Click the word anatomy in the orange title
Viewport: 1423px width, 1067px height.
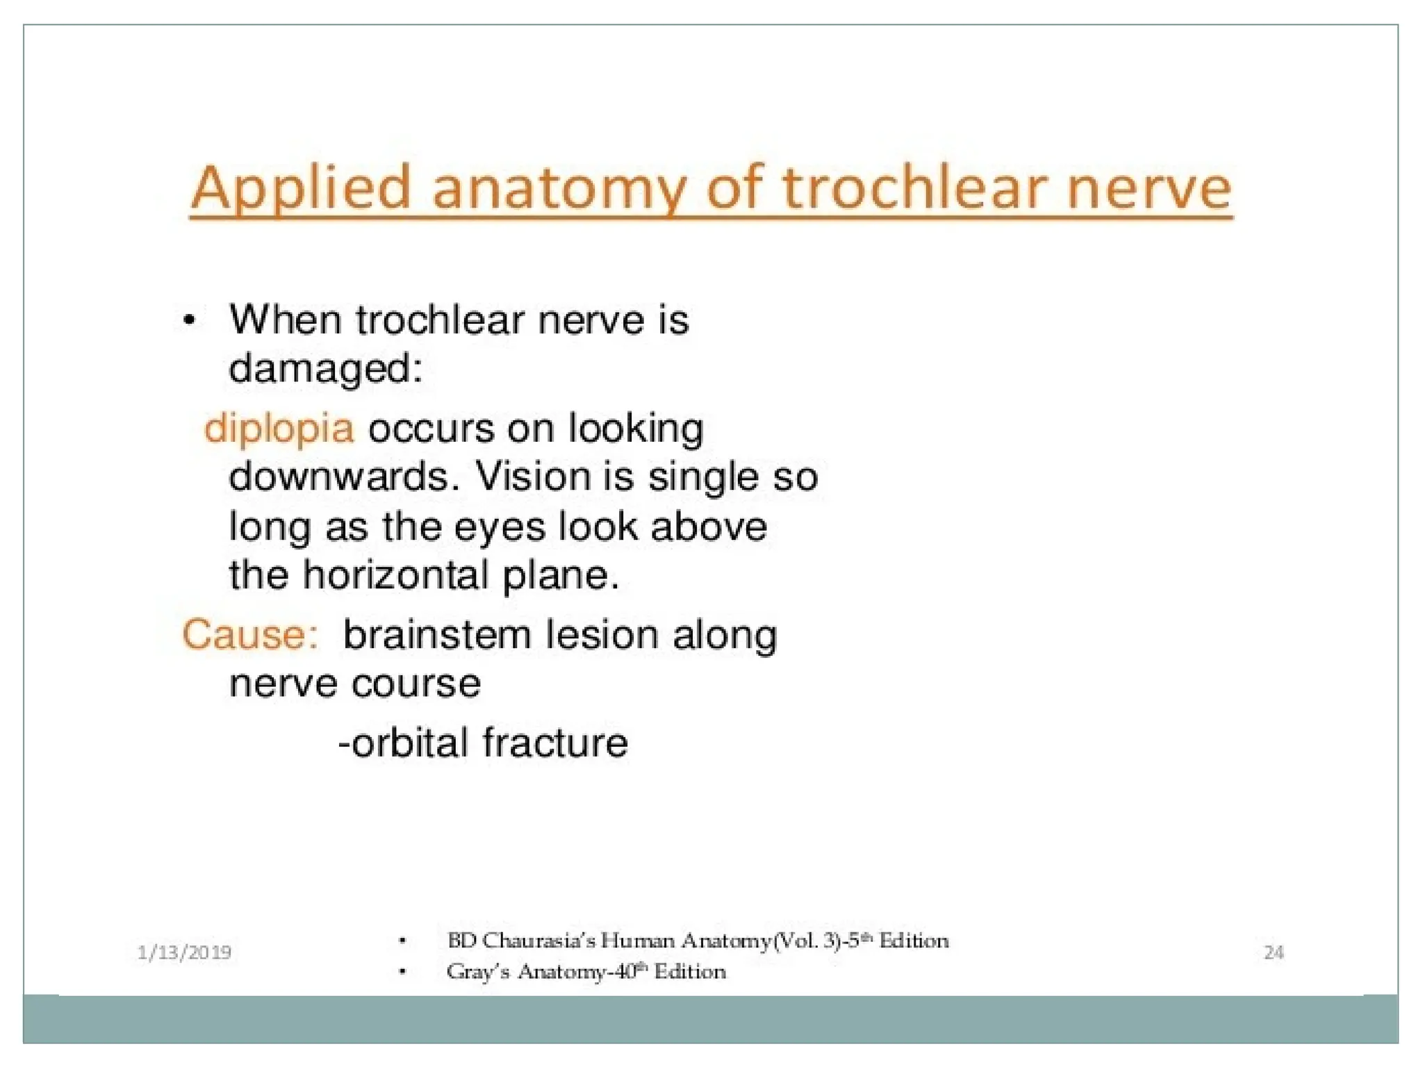pyautogui.click(x=559, y=189)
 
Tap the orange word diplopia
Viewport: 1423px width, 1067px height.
pyautogui.click(x=279, y=429)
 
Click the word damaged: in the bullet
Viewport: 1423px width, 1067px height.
pyautogui.click(x=325, y=368)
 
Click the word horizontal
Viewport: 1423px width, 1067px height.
pyautogui.click(x=395, y=575)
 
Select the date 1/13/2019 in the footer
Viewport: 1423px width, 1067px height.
pyautogui.click(x=184, y=952)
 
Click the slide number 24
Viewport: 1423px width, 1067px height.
pyautogui.click(x=1274, y=952)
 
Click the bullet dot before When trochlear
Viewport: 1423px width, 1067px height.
pyautogui.click(x=189, y=322)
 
